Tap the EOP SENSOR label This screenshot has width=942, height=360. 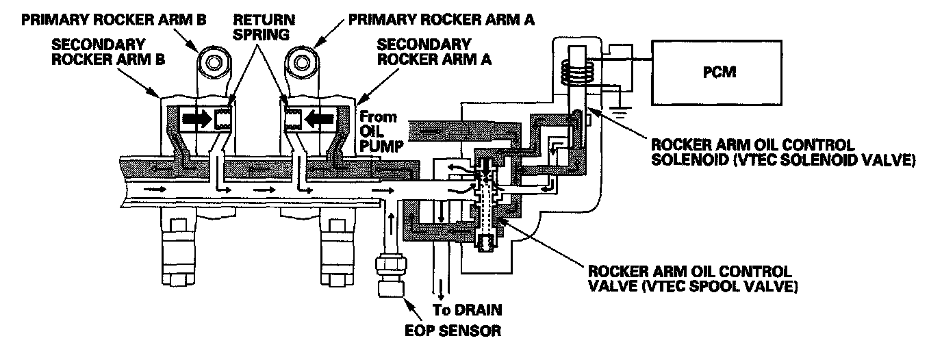coord(453,331)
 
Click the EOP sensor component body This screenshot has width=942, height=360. coord(391,274)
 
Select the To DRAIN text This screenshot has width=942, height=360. coord(467,310)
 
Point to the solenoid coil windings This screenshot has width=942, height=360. coord(577,70)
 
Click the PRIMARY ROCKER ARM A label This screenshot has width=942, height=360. coord(442,19)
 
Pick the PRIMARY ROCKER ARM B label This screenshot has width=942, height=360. coord(114,20)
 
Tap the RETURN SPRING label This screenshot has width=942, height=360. coord(264,27)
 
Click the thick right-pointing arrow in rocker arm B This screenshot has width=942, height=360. coord(196,120)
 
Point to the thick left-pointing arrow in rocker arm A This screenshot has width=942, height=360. coord(319,120)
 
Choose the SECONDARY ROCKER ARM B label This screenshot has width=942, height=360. coord(108,52)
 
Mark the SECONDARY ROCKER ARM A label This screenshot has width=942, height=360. coord(434,52)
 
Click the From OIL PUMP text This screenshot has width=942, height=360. coord(381,131)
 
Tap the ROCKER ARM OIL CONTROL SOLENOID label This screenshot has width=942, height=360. coord(783,153)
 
